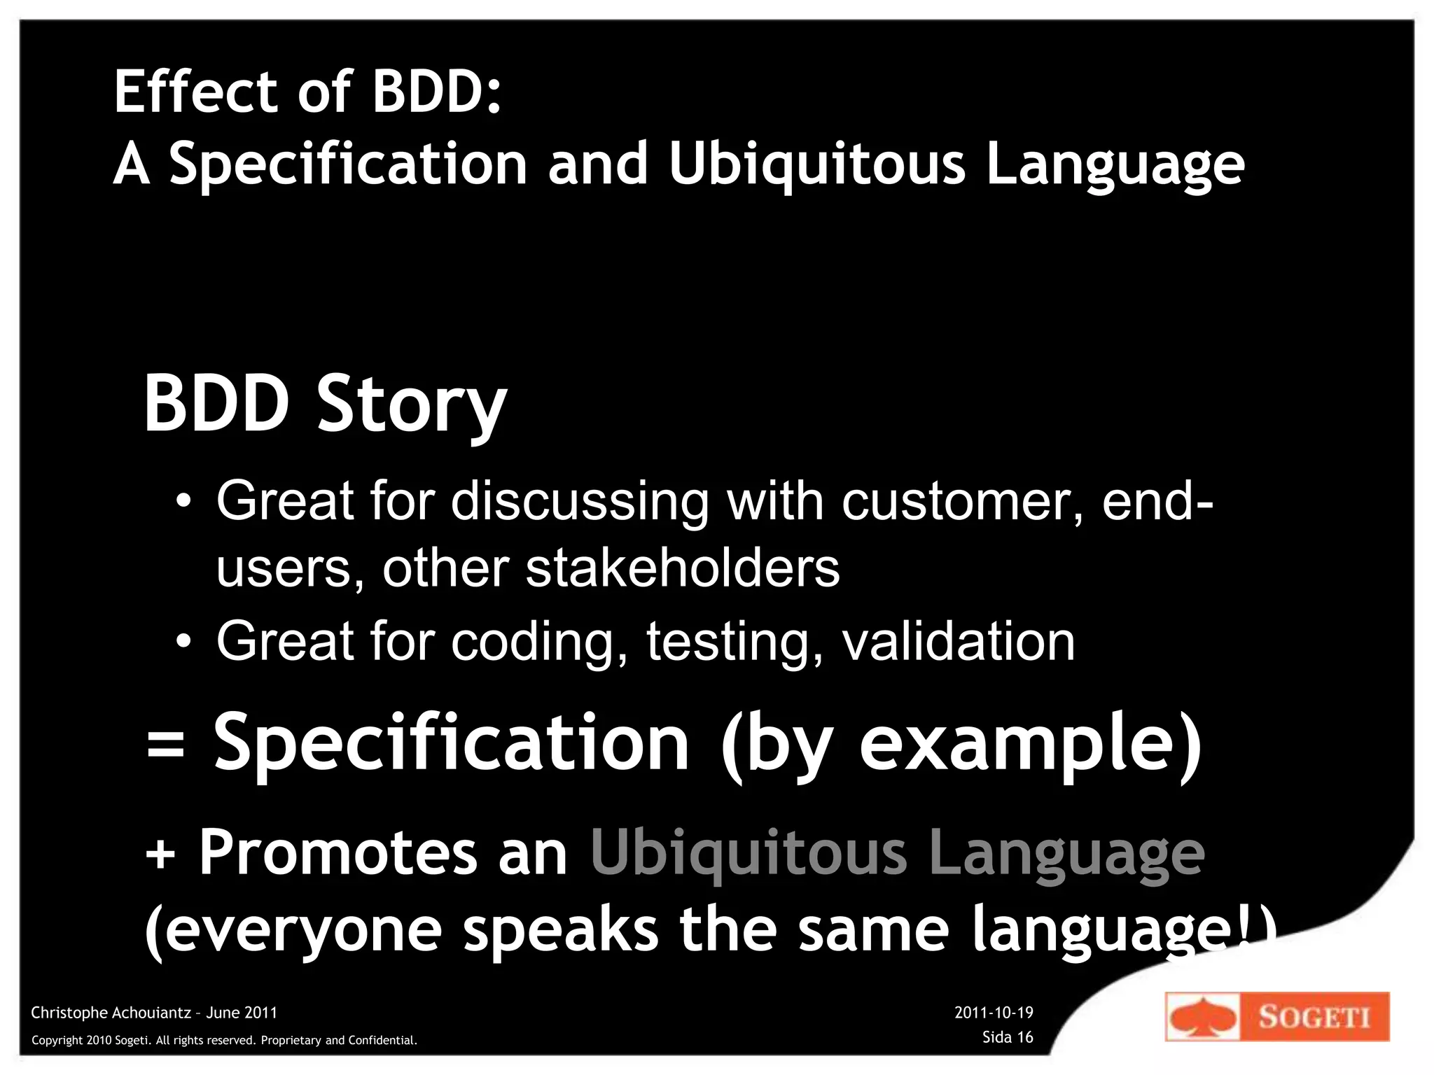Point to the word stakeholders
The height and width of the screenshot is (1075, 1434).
tap(682, 568)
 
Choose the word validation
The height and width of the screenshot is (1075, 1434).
tap(958, 641)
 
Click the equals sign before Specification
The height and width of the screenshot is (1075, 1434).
tap(166, 745)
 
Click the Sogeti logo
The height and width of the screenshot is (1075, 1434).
tap(1276, 1016)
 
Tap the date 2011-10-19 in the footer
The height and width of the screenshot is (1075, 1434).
tap(994, 1012)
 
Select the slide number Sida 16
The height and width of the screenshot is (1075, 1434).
tap(1008, 1037)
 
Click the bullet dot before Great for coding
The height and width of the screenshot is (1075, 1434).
tap(183, 641)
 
